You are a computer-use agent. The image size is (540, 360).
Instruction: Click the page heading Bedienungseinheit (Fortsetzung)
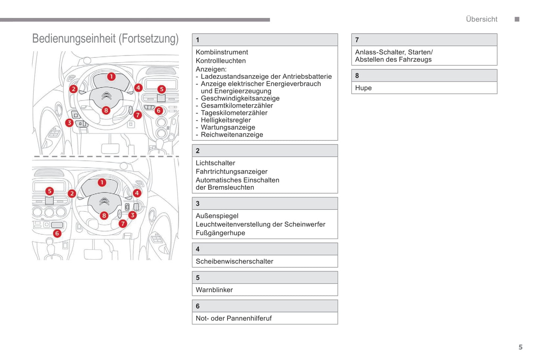point(105,39)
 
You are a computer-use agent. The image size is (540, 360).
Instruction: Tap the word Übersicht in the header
point(481,19)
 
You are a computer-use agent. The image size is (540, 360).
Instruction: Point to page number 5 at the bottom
point(520,347)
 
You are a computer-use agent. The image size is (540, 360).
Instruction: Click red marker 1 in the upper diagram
point(111,77)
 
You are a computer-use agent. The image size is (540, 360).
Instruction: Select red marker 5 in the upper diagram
point(161,89)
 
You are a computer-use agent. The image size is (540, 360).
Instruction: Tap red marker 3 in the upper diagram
point(69,122)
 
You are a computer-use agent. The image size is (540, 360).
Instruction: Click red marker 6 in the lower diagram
point(57,233)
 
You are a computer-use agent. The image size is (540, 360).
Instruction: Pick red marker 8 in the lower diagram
point(104,215)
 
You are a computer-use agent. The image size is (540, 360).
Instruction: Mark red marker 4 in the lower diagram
point(137,193)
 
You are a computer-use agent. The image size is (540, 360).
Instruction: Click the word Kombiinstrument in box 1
point(222,52)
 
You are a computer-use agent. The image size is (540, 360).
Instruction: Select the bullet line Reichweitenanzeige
point(232,135)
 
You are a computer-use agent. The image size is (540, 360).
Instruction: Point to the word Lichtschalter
point(215,163)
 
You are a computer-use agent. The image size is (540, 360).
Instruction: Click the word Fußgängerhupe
point(220,233)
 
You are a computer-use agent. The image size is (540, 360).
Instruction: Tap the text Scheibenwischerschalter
point(234,261)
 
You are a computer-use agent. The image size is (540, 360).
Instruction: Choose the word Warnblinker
point(214,290)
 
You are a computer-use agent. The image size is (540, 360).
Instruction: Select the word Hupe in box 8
point(363,88)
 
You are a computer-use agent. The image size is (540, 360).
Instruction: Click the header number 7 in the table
point(357,40)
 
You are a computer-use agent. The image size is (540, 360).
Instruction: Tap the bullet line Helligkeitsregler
point(226,120)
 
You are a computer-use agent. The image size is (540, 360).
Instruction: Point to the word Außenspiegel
point(217,216)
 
